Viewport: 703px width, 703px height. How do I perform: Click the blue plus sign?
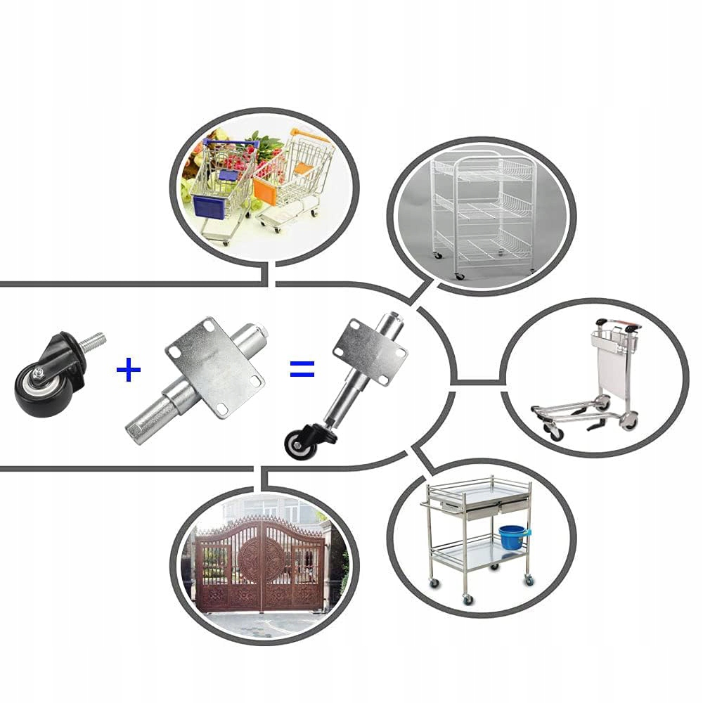pyautogui.click(x=128, y=370)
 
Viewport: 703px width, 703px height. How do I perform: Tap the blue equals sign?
pyautogui.click(x=302, y=368)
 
